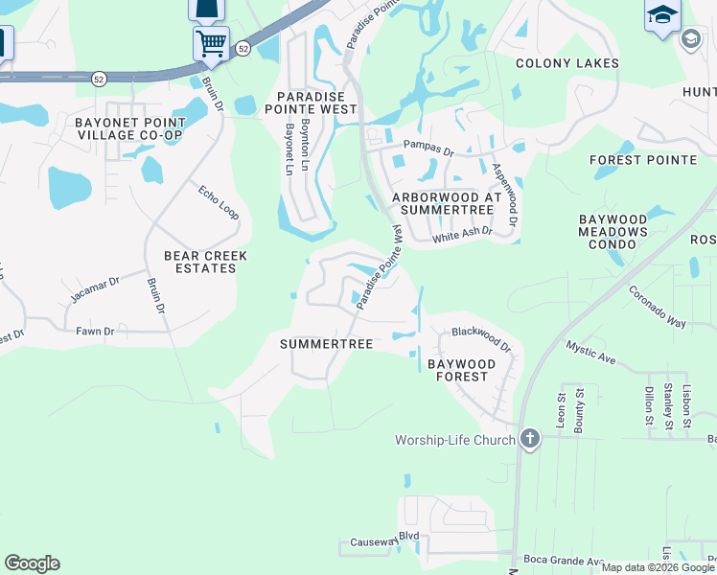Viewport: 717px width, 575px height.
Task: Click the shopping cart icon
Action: (210, 42)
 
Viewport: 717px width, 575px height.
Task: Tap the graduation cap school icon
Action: (661, 15)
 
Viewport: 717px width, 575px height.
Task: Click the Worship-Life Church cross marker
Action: (530, 440)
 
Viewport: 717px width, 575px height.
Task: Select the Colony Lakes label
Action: (567, 63)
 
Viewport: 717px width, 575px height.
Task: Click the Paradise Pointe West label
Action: (316, 103)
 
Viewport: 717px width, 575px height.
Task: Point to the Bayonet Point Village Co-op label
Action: (129, 128)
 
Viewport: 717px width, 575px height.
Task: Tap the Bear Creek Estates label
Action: (206, 262)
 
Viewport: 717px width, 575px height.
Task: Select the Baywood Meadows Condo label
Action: (620, 232)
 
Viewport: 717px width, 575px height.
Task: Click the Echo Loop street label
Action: (219, 202)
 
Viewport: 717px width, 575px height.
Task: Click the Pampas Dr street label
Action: (428, 149)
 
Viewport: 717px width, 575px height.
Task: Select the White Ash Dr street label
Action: (462, 234)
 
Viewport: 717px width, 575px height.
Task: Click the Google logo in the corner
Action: (32, 563)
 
